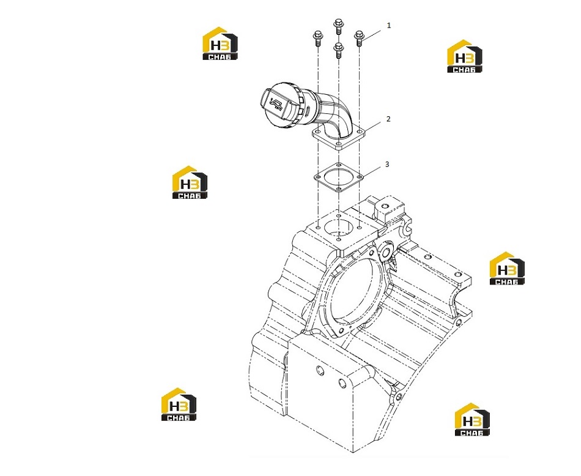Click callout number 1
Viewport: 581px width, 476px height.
(x=389, y=26)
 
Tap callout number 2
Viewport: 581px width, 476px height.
(x=388, y=119)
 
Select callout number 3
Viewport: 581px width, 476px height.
(x=388, y=164)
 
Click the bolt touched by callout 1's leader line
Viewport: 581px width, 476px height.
(x=358, y=38)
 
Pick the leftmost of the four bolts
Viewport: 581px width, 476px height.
(x=318, y=38)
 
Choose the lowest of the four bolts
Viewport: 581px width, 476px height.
(x=338, y=50)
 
